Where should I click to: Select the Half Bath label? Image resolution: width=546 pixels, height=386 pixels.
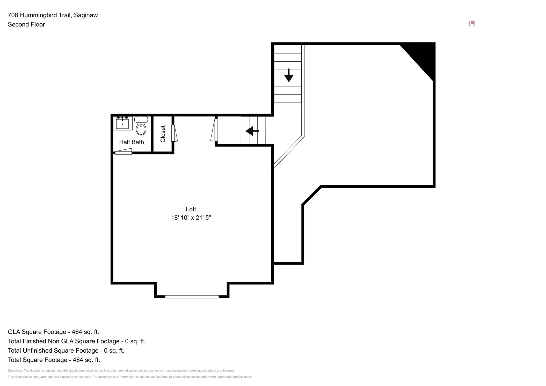(132, 142)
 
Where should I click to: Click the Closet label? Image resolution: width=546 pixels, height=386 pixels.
(163, 134)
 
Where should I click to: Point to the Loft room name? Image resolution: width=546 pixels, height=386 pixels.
(191, 209)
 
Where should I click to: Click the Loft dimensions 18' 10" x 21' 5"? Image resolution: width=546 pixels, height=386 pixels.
(191, 218)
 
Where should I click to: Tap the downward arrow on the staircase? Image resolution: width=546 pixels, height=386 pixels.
(289, 76)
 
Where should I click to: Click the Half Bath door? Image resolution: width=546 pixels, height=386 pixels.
(123, 152)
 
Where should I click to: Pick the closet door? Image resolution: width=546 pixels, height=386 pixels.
(174, 133)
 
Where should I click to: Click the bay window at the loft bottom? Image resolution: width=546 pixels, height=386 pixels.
(192, 297)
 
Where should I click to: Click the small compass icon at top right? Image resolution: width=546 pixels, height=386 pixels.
(472, 24)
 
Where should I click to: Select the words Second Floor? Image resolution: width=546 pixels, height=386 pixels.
(26, 25)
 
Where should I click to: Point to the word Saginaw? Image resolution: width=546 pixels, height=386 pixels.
(86, 15)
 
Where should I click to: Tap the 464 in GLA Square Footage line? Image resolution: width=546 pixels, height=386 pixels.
(77, 332)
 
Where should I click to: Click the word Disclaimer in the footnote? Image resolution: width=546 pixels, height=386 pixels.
(15, 371)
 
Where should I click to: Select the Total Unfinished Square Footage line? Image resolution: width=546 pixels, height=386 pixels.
(66, 351)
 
